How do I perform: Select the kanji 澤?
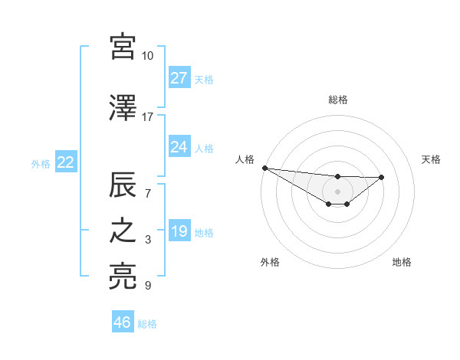[123, 109]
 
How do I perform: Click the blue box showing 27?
[179, 78]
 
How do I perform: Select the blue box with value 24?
[179, 147]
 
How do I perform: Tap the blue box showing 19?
[179, 231]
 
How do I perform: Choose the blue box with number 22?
[65, 162]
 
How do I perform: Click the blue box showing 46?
[122, 322]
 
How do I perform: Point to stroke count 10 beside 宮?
[147, 56]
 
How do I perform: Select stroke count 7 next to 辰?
[147, 193]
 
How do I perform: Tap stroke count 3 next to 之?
[147, 241]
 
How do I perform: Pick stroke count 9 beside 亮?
[147, 286]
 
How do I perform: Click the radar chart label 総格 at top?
[337, 100]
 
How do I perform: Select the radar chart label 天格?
[432, 159]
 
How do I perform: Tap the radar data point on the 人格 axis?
[264, 168]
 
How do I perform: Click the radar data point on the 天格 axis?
[382, 177]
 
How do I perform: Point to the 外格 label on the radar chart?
[270, 262]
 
